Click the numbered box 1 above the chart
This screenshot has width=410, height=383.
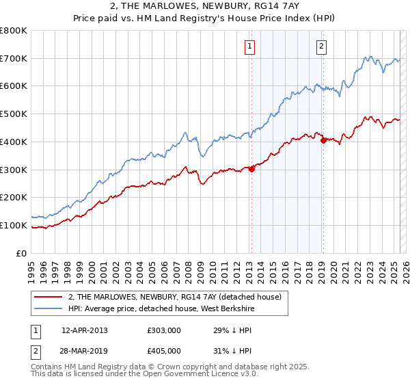click(249, 47)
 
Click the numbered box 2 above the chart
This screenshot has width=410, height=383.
click(321, 47)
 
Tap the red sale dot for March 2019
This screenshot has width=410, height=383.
click(323, 141)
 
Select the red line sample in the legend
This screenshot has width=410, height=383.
click(48, 296)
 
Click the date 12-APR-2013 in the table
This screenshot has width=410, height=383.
click(84, 330)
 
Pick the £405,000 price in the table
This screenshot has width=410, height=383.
click(163, 350)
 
